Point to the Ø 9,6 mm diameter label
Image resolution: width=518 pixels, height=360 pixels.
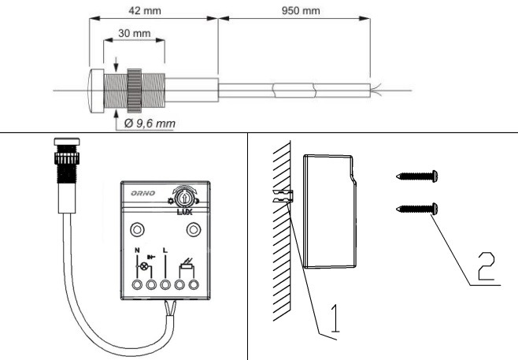[150, 124]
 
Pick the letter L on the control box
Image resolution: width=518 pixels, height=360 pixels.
[165, 251]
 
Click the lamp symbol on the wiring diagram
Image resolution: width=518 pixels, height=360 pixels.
[142, 267]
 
